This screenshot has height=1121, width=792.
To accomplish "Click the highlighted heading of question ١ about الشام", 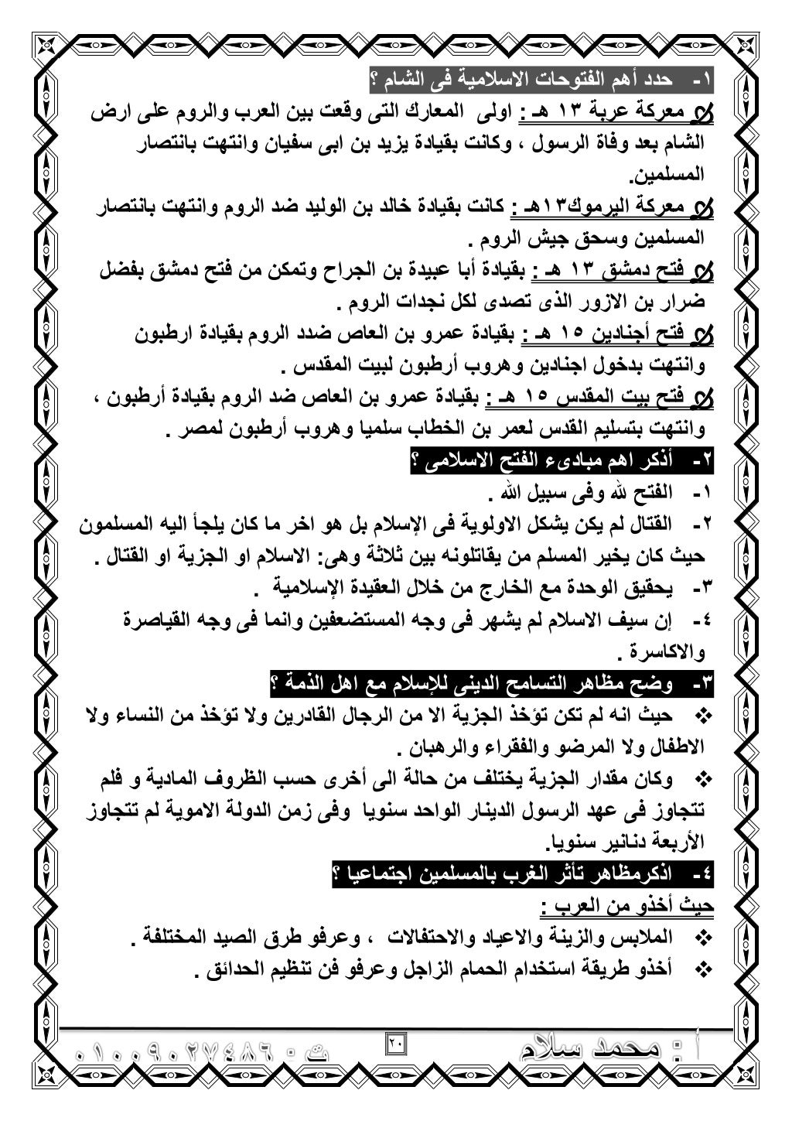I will (542, 79).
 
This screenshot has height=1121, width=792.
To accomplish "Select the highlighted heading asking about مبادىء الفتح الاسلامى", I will (564, 463).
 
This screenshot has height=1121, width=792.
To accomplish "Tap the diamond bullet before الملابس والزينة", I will (704, 938).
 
